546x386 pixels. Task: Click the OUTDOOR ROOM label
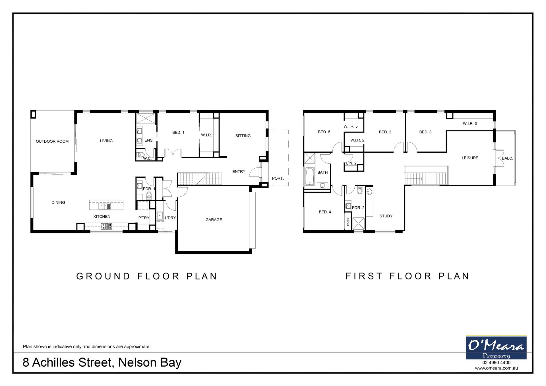pyautogui.click(x=52, y=141)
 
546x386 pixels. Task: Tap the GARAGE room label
pyautogui.click(x=214, y=220)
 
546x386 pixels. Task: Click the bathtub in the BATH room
pyautogui.click(x=309, y=177)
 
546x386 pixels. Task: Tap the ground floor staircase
pyautogui.click(x=199, y=179)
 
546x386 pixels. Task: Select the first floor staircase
pyautogui.click(x=426, y=175)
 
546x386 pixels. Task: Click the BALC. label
pyautogui.click(x=507, y=158)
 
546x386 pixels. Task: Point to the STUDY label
pyautogui.click(x=386, y=216)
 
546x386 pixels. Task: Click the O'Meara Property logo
pyautogui.click(x=496, y=347)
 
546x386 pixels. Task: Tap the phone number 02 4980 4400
pyautogui.click(x=496, y=363)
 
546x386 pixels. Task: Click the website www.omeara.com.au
pyautogui.click(x=496, y=368)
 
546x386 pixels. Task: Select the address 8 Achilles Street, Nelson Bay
pyautogui.click(x=102, y=363)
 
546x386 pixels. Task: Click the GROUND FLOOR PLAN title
pyautogui.click(x=147, y=276)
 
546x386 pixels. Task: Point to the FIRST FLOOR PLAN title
pyautogui.click(x=407, y=276)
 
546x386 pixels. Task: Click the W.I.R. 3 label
pyautogui.click(x=470, y=124)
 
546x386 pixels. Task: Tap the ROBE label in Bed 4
pyautogui.click(x=348, y=222)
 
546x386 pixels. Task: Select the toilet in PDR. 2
pyautogui.click(x=360, y=190)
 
